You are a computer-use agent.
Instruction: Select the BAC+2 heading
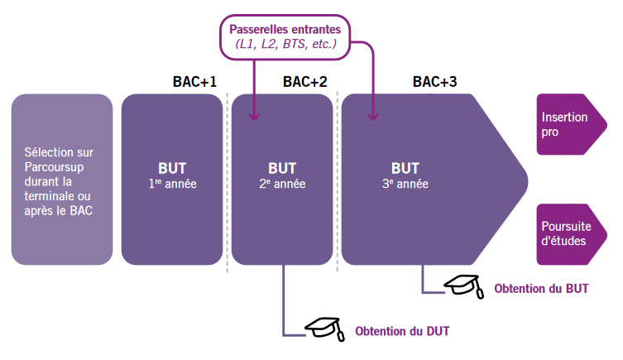point(304,82)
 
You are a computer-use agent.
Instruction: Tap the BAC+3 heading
point(434,82)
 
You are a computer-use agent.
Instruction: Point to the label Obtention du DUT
point(402,332)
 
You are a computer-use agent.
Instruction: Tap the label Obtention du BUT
point(541,289)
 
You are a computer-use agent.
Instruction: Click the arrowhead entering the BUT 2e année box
point(254,117)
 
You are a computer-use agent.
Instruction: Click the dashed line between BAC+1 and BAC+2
point(228,182)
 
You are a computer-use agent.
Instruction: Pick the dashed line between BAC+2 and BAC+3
point(338,182)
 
